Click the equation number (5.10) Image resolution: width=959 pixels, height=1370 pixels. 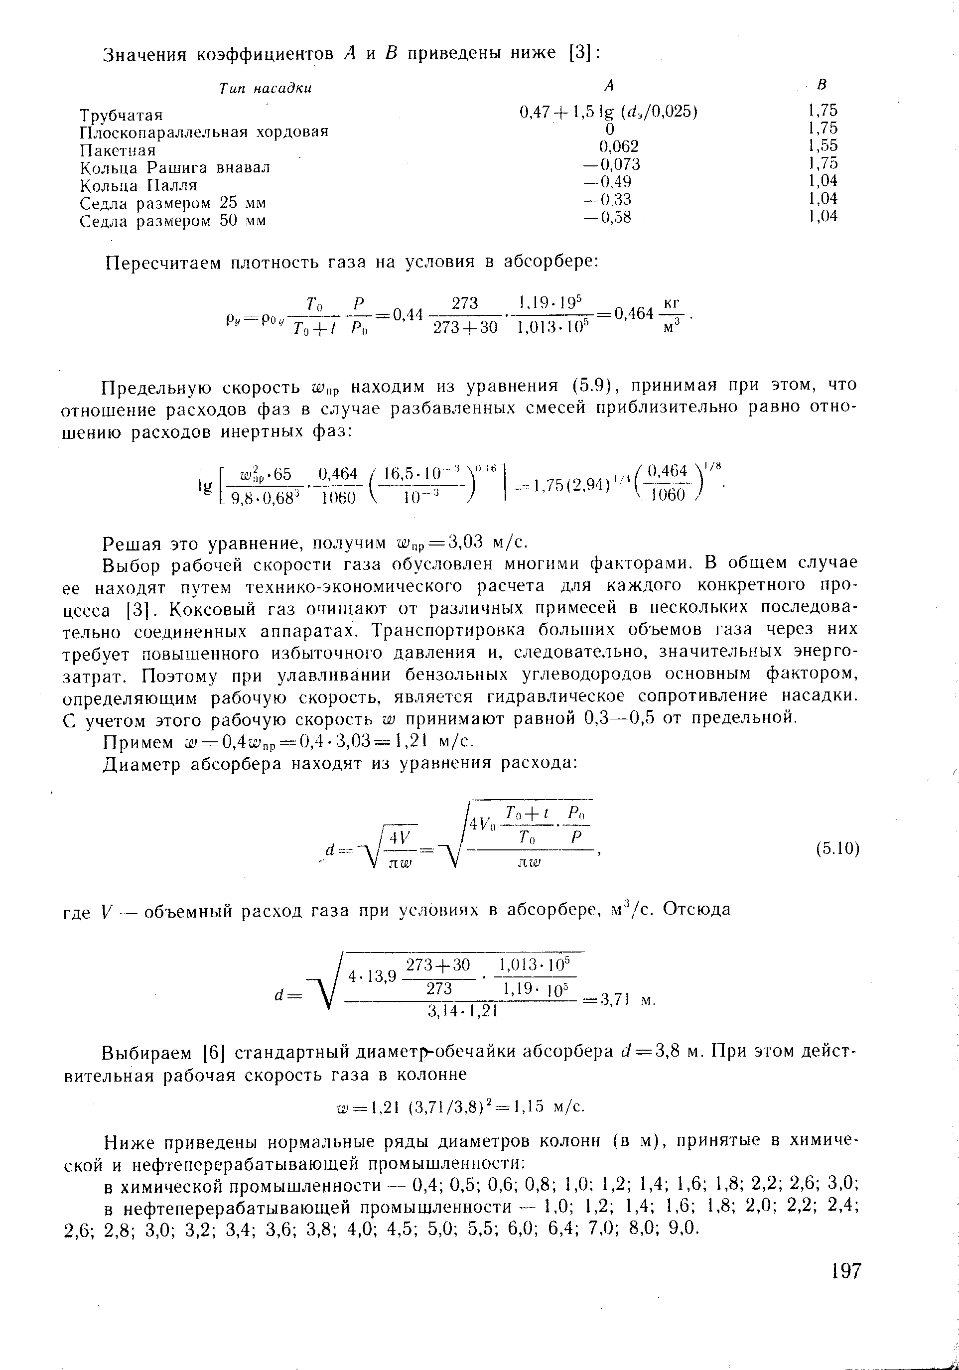[x=837, y=848]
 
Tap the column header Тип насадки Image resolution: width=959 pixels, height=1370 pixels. [x=265, y=89]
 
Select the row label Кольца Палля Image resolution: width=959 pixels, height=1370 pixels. [x=138, y=185]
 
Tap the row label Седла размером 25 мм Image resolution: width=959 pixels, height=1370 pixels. [x=173, y=203]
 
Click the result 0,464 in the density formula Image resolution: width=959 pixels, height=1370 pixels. [x=634, y=313]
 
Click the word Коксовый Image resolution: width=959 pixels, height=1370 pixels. [x=211, y=609]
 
